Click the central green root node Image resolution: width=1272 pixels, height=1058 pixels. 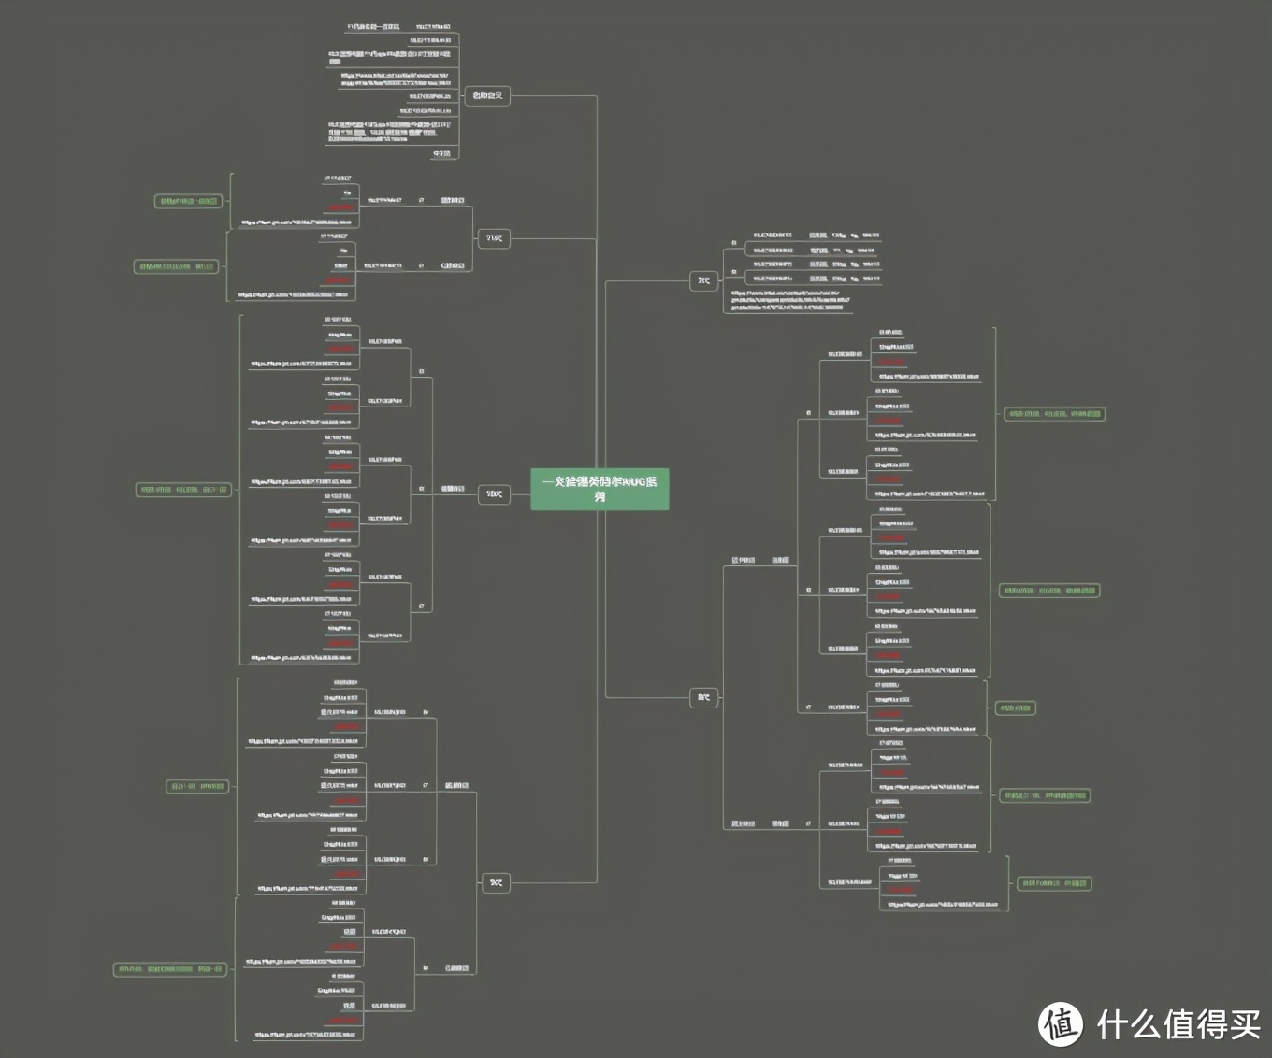pyautogui.click(x=600, y=489)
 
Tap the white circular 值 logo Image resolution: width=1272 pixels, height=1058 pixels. pyautogui.click(x=1060, y=1023)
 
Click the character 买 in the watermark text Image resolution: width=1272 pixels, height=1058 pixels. pyautogui.click(x=1243, y=1024)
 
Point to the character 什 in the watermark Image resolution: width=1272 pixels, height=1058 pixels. pyautogui.click(x=1115, y=1024)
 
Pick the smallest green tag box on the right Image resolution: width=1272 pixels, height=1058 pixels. pyautogui.click(x=1015, y=708)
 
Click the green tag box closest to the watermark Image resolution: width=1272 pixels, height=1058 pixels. pyautogui.click(x=1053, y=883)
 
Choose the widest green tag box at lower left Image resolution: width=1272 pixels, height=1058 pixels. pyautogui.click(x=170, y=969)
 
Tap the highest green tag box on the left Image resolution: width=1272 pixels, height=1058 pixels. pyautogui.click(x=188, y=201)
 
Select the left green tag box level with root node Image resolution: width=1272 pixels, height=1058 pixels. pyautogui.click(x=183, y=490)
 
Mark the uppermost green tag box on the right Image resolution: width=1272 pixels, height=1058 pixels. pyautogui.click(x=1054, y=414)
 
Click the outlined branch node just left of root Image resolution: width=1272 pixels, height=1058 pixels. pyautogui.click(x=494, y=494)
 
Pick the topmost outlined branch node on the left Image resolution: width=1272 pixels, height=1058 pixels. pyautogui.click(x=487, y=95)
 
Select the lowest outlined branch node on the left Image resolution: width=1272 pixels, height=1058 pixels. pyautogui.click(x=496, y=882)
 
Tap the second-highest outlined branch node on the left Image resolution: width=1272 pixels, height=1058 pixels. pyautogui.click(x=494, y=238)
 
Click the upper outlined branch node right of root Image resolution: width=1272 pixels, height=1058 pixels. pyautogui.click(x=704, y=280)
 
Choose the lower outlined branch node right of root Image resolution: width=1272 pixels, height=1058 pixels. pyautogui.click(x=704, y=697)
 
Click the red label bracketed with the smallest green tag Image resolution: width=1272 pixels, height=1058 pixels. pyautogui.click(x=889, y=714)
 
